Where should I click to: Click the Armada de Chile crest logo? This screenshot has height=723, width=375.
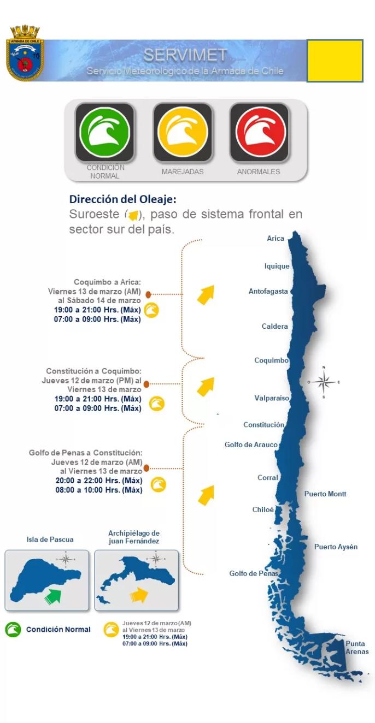coord(25,53)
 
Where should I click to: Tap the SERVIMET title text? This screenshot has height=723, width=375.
coord(185,55)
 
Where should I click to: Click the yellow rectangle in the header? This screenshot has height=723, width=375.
coord(335,61)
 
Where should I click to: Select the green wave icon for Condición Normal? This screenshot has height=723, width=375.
coord(104,133)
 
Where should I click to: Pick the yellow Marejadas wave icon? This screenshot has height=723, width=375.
coord(183,133)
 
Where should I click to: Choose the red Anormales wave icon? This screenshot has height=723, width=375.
coord(258,133)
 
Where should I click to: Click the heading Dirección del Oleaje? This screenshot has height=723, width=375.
coord(122,199)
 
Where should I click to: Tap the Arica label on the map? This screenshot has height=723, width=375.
coord(276,239)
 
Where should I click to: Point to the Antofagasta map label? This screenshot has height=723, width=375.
coord(268,292)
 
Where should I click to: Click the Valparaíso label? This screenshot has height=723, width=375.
coord(271,398)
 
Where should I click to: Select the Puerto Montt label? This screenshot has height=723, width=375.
coord(325,494)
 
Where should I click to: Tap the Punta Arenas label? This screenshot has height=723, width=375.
coord(357,648)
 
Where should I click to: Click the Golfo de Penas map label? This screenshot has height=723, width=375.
coord(254,573)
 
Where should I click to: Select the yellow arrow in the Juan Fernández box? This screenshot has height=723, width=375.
coord(139,594)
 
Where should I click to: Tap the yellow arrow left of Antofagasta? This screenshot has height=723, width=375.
coord(205,294)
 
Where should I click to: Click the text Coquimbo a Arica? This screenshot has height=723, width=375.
coord(108,282)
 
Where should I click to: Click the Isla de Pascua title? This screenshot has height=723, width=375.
coord(50,540)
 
